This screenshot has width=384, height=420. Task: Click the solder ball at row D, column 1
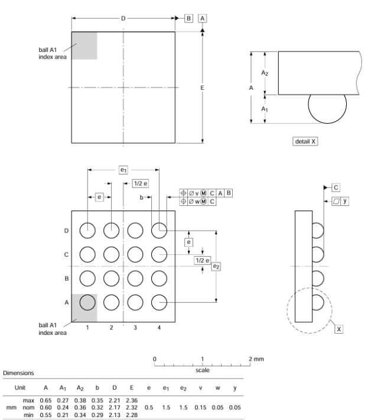click(x=88, y=230)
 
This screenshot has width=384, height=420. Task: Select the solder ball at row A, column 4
click(x=158, y=302)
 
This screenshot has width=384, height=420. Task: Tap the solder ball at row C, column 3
click(x=135, y=254)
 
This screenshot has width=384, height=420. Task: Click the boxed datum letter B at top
click(x=189, y=19)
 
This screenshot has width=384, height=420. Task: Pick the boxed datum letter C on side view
click(x=336, y=188)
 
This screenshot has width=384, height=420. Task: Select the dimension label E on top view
click(x=203, y=88)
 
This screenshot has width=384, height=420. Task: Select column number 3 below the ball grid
click(x=135, y=327)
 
